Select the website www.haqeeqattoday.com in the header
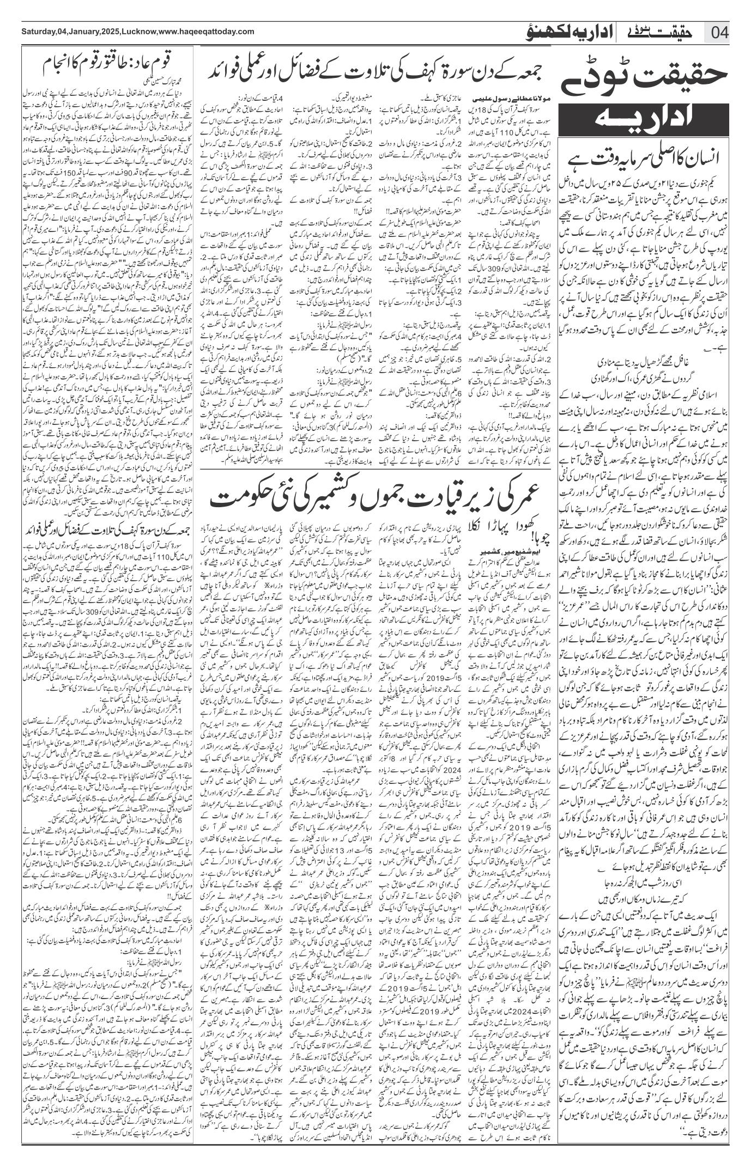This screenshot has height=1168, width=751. coord(207,32)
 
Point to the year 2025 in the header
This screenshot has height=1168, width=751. coord(111,32)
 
